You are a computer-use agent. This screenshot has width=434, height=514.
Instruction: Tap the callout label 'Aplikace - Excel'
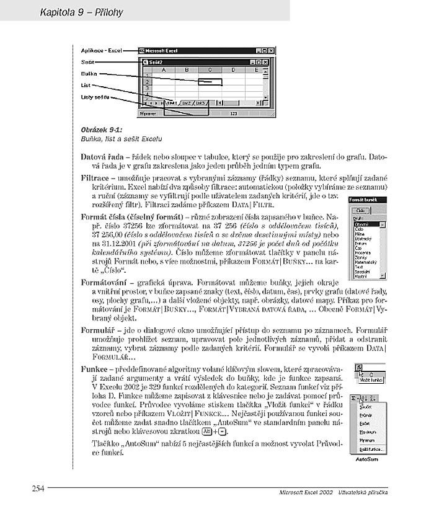point(102,50)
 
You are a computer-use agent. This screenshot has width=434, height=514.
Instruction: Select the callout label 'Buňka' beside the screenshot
point(89,74)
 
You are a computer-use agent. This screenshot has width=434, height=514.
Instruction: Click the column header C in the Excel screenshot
point(210,70)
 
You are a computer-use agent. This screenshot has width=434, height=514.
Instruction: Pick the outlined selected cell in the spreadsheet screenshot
point(210,81)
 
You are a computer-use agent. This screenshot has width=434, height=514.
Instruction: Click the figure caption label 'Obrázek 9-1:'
point(102,129)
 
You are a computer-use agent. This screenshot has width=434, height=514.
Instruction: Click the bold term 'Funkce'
point(95,369)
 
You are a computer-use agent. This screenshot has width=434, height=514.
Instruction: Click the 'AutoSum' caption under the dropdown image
point(367,460)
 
